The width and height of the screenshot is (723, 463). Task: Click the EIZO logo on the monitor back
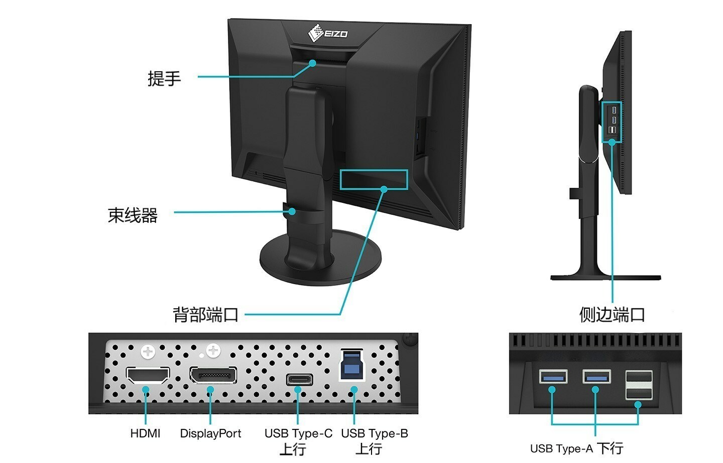pos(327,34)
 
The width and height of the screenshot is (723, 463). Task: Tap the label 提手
pos(164,78)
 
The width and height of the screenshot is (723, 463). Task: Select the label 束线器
pos(133,215)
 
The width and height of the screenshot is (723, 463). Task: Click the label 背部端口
pos(205,315)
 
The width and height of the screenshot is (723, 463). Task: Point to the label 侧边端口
pos(612,315)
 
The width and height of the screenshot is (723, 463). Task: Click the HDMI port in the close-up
pos(147,376)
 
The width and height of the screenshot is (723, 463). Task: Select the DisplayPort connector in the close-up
pos(213,375)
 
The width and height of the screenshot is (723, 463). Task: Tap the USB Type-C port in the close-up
pos(299,379)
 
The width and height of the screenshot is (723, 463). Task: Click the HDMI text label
pos(145,433)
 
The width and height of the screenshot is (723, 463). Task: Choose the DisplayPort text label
pos(210,433)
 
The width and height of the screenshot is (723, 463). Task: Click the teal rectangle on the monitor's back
pos(374,179)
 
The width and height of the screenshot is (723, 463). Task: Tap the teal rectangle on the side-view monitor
pos(612,122)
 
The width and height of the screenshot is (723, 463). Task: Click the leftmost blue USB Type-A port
pos(553,376)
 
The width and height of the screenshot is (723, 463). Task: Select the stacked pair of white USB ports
pos(639,385)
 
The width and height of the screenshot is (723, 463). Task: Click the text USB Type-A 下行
pos(576,448)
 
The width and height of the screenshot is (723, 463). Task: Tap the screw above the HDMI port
pos(148,352)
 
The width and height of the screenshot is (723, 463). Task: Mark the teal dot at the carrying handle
pos(312,63)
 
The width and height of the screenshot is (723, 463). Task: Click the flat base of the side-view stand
pos(606,277)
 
